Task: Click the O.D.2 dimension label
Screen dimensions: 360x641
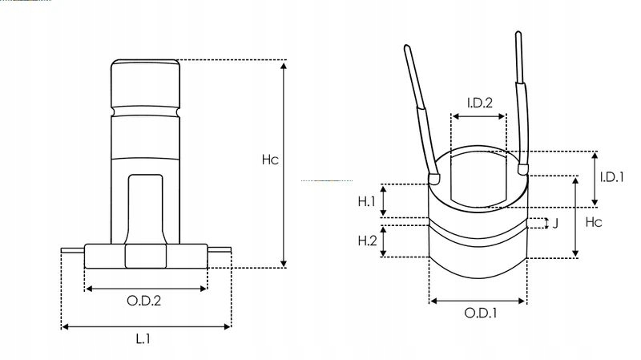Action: pyautogui.click(x=145, y=301)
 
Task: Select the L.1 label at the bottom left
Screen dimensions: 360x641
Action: pyautogui.click(x=143, y=339)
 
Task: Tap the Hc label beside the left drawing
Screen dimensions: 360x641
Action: pyautogui.click(x=270, y=160)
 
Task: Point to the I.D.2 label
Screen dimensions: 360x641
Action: pyautogui.click(x=479, y=102)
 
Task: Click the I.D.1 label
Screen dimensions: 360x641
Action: pyautogui.click(x=612, y=177)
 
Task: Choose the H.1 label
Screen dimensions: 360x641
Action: pyautogui.click(x=367, y=200)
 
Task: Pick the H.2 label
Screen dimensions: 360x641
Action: pyautogui.click(x=367, y=241)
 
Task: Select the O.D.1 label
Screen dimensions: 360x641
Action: pyautogui.click(x=481, y=313)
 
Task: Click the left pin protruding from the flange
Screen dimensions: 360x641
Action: pyautogui.click(x=72, y=250)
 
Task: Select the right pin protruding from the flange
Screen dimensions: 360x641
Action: pyautogui.click(x=219, y=251)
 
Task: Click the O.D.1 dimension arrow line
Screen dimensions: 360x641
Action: pyautogui.click(x=478, y=301)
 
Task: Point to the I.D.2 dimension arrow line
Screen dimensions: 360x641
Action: pyautogui.click(x=479, y=115)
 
